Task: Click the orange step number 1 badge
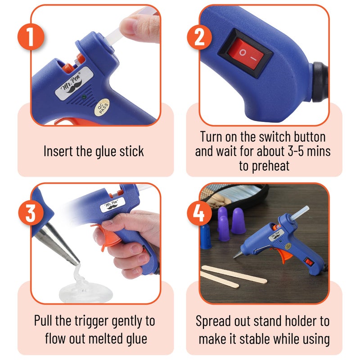point(29,36)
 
